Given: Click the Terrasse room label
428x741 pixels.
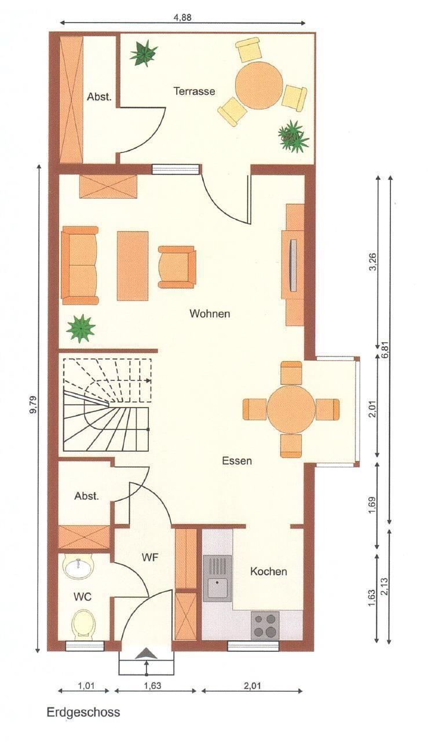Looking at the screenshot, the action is click(x=194, y=91).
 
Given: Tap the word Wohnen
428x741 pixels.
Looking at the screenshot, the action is click(x=210, y=313).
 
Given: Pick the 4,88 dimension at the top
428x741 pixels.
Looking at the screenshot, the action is click(x=182, y=17).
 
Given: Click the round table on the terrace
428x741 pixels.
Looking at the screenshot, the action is click(x=259, y=85).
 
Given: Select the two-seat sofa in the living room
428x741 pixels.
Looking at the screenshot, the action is click(x=80, y=265).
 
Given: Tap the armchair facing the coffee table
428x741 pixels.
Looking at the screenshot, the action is click(x=177, y=267).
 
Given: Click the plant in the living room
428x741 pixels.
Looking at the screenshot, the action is click(x=81, y=328).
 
